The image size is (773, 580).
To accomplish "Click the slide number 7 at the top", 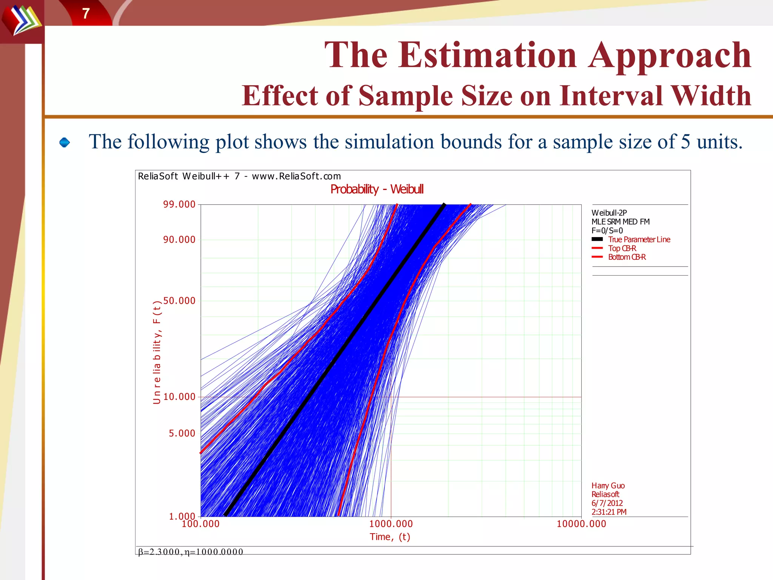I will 86,14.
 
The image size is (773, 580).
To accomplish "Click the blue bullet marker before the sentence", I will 65,142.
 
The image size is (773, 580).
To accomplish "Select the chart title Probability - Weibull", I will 377,189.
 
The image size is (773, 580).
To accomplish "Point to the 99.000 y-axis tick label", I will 179,205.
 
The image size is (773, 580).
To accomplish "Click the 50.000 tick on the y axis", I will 179,301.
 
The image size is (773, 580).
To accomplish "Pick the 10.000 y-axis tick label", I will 179,397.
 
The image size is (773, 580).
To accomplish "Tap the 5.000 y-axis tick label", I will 182,433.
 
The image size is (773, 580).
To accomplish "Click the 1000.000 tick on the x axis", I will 391,524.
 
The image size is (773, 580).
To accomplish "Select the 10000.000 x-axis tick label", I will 581,524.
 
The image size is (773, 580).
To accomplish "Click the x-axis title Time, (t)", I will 390,537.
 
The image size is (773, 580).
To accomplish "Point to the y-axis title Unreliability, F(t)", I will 157,352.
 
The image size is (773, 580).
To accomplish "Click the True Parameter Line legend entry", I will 639,239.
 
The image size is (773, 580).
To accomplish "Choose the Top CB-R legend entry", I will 622,248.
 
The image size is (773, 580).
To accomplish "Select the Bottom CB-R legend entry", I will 627,257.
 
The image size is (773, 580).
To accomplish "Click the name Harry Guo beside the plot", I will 608,486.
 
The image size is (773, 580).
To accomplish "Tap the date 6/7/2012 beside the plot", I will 607,503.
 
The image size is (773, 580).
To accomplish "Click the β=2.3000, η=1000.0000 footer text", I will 191,552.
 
